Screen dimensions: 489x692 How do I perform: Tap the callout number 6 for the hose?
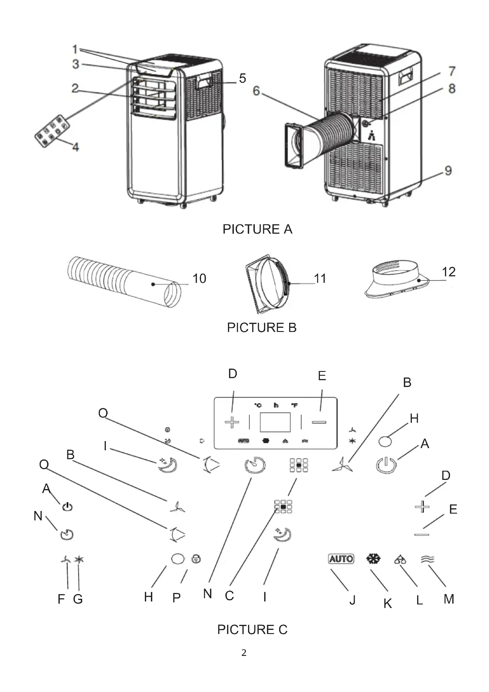click(256, 91)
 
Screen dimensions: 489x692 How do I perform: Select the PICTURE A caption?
click(258, 229)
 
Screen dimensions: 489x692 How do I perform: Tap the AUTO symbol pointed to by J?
click(341, 559)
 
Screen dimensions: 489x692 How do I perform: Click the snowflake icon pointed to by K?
click(373, 559)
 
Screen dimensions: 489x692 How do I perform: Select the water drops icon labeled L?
click(400, 559)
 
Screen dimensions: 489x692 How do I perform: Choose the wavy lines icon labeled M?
click(428, 559)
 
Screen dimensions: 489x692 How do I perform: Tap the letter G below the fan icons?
click(78, 599)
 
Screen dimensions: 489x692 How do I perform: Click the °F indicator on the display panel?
click(294, 405)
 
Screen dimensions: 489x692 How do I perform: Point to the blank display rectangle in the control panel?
click(275, 422)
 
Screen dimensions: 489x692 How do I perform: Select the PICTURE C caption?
click(252, 630)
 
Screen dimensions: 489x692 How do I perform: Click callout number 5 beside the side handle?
click(243, 78)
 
